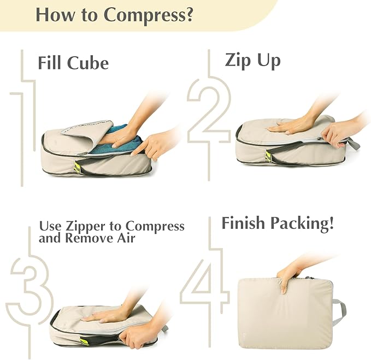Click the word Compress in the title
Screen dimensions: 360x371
(x=148, y=15)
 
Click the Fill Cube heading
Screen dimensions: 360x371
(x=73, y=62)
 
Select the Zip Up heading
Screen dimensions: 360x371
(x=252, y=60)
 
